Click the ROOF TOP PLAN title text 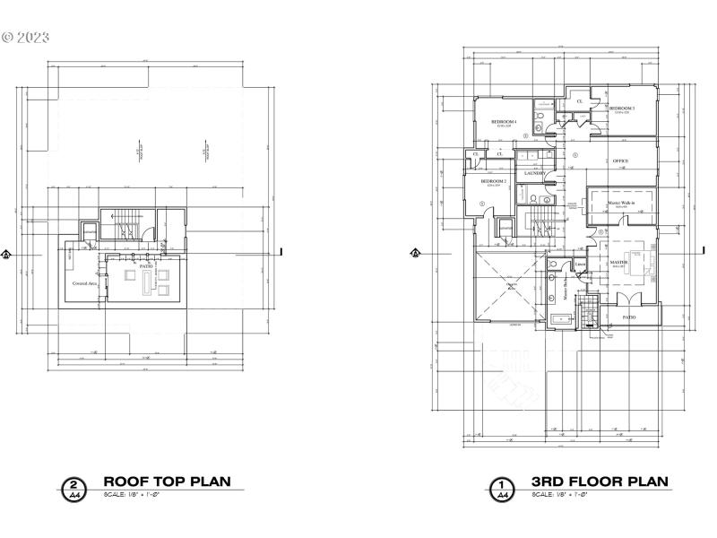(x=167, y=482)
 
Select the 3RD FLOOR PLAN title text (x=600, y=482)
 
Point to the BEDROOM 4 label (x=504, y=121)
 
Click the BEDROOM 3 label (x=622, y=108)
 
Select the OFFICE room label (x=620, y=161)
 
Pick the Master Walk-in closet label (x=621, y=204)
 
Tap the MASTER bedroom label (x=618, y=263)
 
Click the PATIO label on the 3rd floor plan (x=630, y=317)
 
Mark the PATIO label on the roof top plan (x=145, y=266)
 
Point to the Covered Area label (x=85, y=283)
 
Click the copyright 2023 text (x=26, y=38)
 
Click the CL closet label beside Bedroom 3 (x=580, y=101)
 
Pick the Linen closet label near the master (x=581, y=264)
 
